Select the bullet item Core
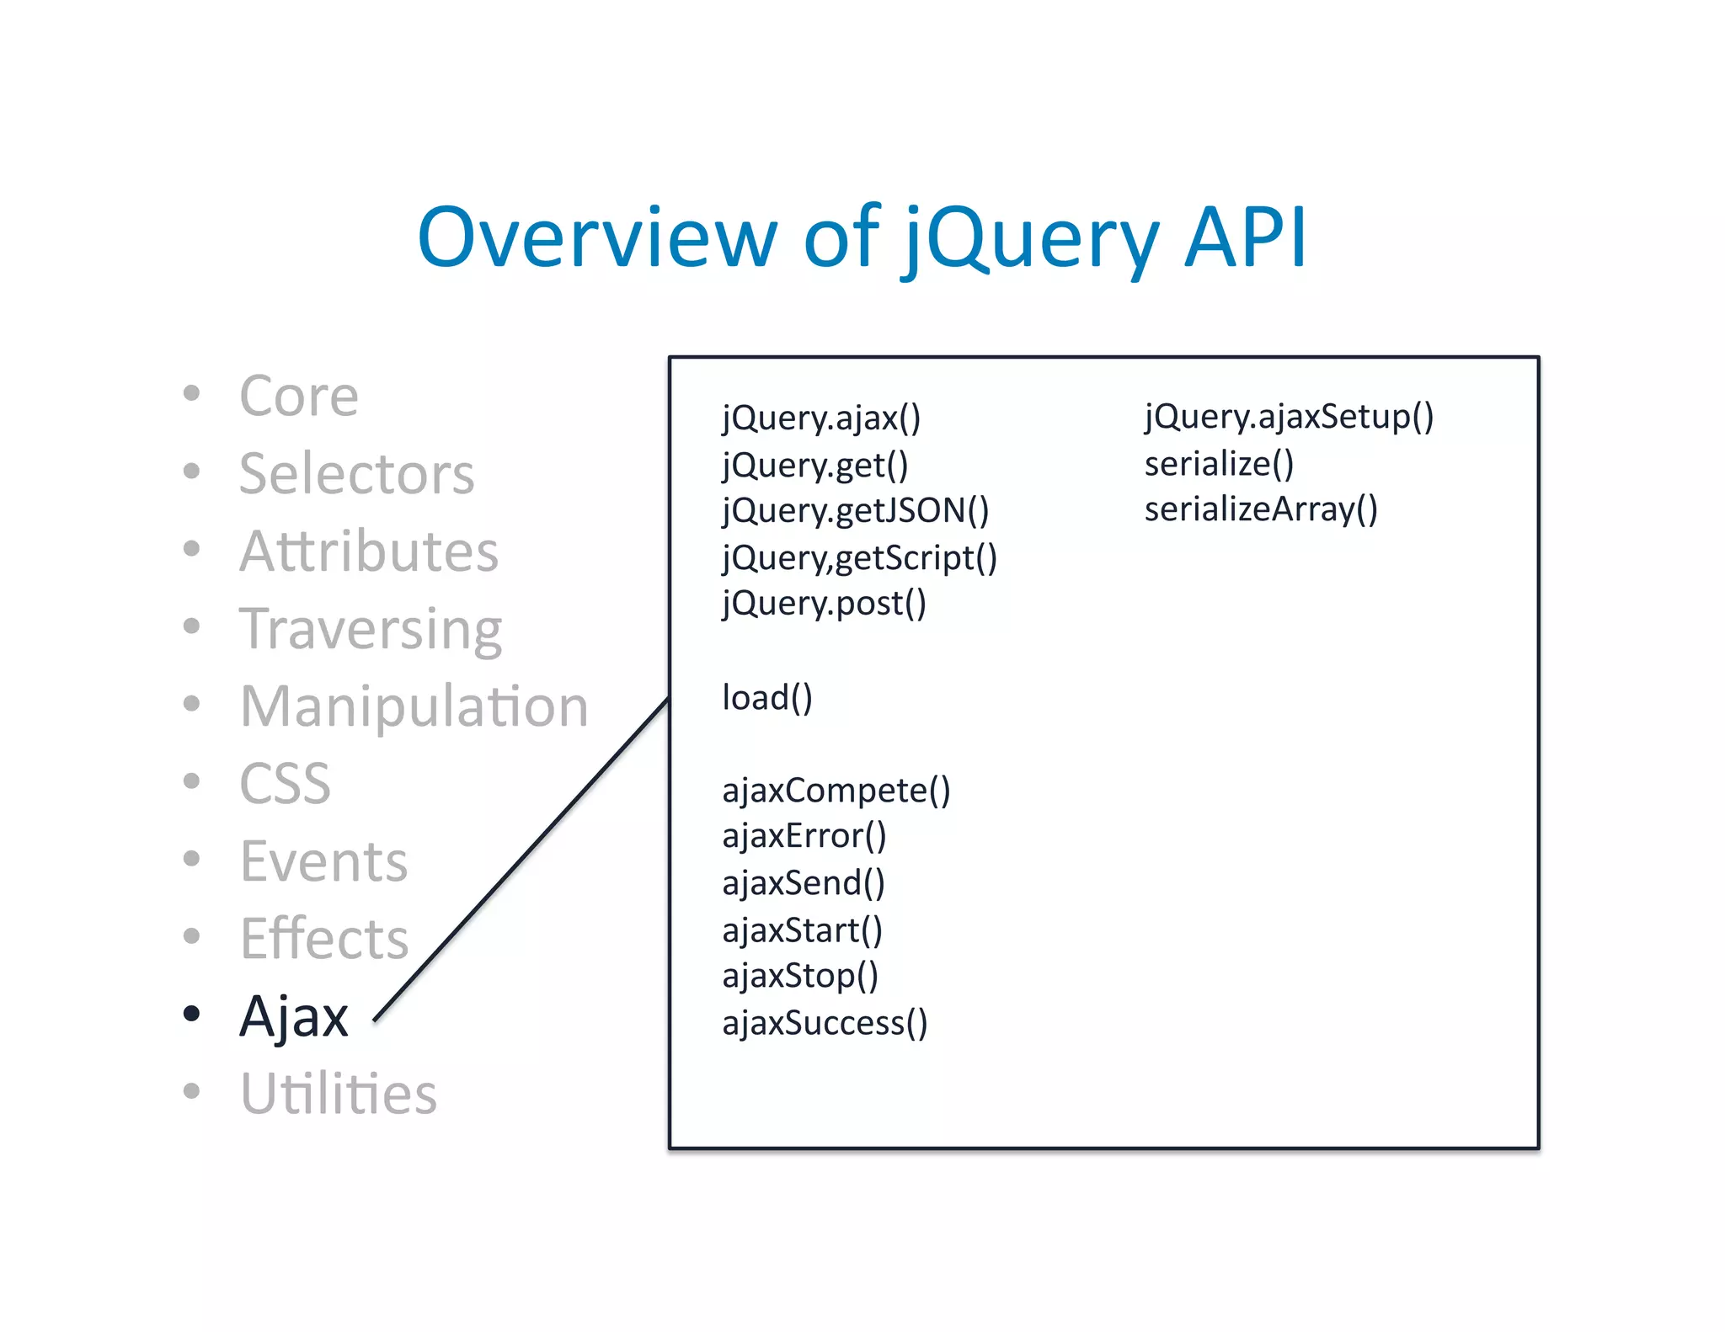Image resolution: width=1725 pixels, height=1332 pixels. click(x=299, y=396)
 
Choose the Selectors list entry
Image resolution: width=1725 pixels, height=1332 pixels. click(x=356, y=473)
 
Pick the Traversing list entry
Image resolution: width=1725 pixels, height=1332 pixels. click(x=371, y=629)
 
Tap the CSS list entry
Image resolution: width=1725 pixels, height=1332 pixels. click(x=285, y=784)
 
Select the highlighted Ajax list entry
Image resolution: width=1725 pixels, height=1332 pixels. click(x=294, y=1016)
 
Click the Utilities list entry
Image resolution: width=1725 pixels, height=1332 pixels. click(x=339, y=1094)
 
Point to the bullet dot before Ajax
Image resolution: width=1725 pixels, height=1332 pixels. click(x=192, y=1013)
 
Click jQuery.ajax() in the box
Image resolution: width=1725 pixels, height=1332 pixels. click(x=821, y=418)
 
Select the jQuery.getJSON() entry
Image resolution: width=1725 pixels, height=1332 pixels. click(x=855, y=511)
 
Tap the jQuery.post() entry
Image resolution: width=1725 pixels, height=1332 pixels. click(x=824, y=604)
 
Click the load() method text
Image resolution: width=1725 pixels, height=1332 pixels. click(x=766, y=698)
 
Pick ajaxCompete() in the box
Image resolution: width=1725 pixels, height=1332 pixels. click(x=836, y=791)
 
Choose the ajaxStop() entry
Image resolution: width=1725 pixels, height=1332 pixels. click(x=800, y=976)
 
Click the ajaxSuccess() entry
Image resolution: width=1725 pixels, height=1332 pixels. click(x=825, y=1023)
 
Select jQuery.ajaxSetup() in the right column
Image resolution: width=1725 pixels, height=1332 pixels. click(x=1288, y=417)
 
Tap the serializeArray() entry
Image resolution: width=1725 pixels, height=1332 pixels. click(x=1260, y=509)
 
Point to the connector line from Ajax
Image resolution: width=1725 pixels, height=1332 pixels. click(x=522, y=859)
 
